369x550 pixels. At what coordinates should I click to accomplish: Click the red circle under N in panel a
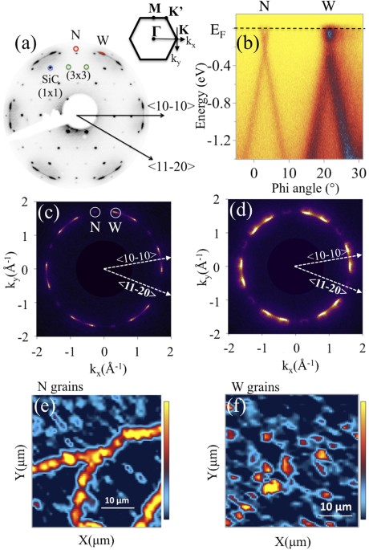(x=76, y=49)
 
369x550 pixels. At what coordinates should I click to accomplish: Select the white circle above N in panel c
(x=95, y=213)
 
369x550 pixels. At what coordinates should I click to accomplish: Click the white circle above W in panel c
(x=116, y=212)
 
